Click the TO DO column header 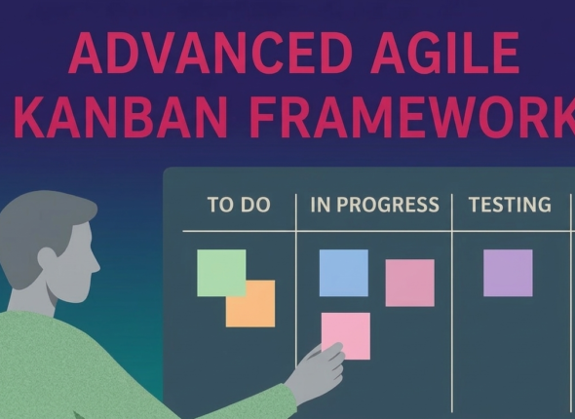238,206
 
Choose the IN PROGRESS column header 374,206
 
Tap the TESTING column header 510,206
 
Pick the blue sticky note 343,273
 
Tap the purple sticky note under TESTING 508,273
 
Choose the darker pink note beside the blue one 409,283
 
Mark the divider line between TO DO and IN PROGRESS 296,292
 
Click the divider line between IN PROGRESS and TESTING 452,292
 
